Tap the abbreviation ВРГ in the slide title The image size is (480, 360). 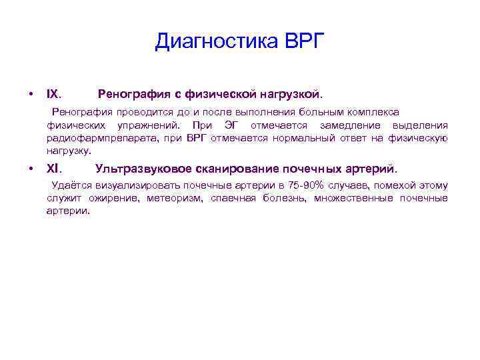[303, 42]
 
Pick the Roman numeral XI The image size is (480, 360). [54, 169]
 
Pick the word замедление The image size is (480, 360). [349, 125]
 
